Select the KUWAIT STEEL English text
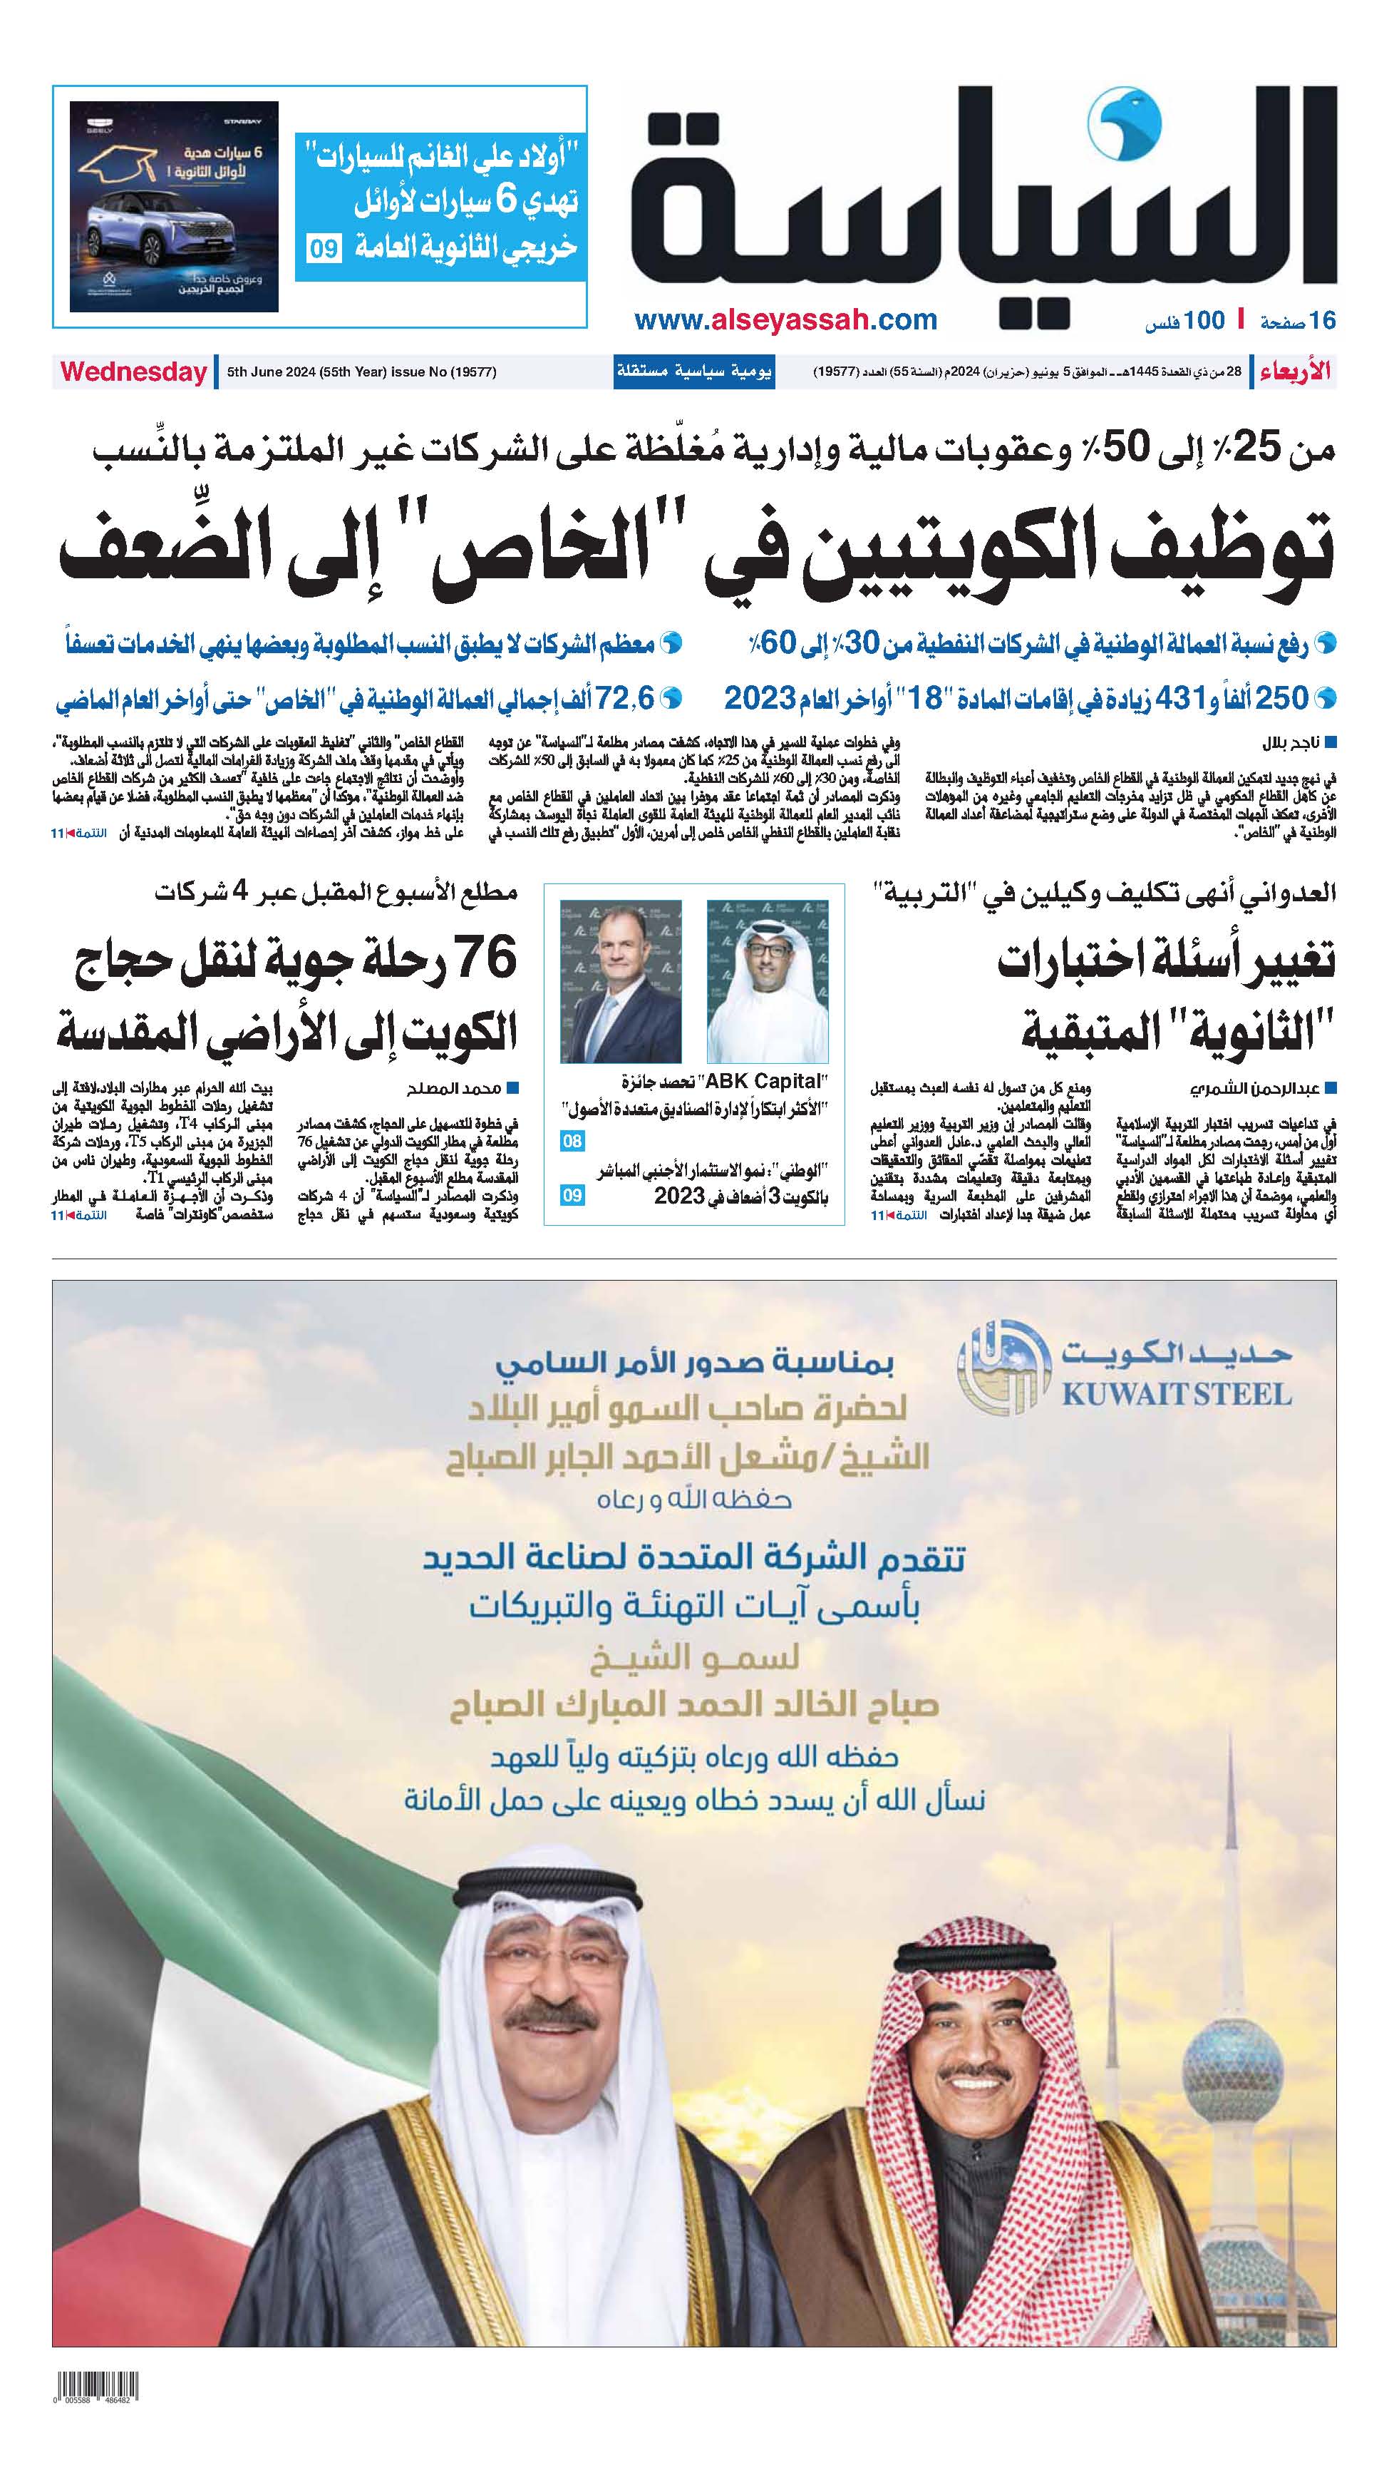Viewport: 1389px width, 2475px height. pos(1176,1394)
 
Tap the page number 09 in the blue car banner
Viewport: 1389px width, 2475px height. pos(324,250)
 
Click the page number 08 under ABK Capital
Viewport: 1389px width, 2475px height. pos(572,1142)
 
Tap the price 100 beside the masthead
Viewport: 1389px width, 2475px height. pos(1204,321)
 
